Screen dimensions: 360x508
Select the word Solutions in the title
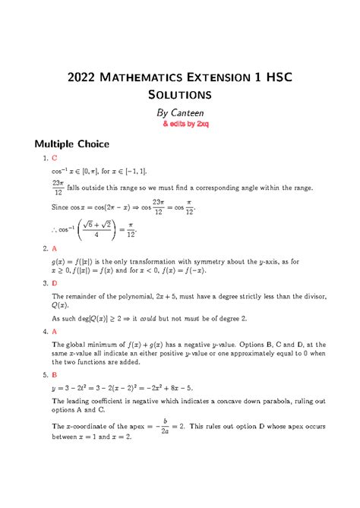click(180, 95)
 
